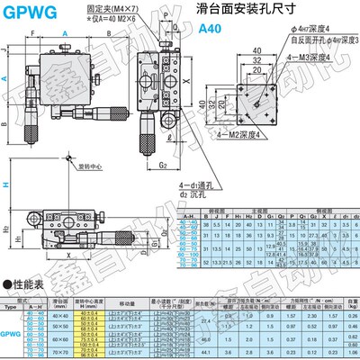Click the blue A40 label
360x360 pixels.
coord(209,29)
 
